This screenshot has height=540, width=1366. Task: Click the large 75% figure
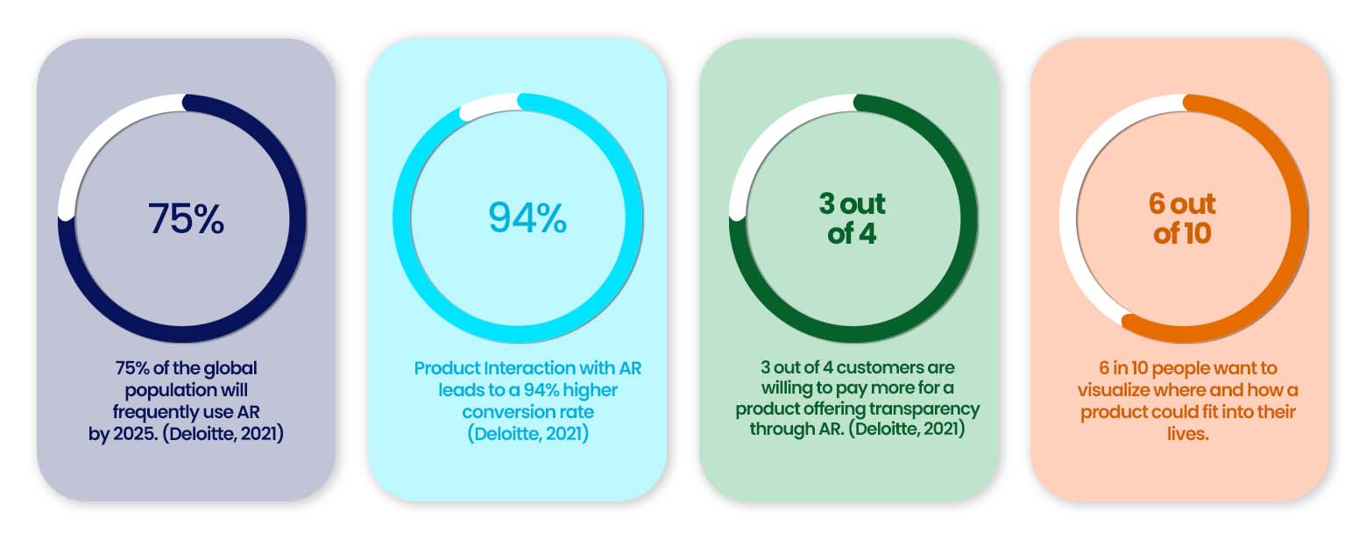point(186,218)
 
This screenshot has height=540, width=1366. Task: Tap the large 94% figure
point(527,217)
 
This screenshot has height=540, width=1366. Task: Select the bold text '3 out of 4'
point(852,218)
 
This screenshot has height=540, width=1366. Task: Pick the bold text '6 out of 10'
point(1183,218)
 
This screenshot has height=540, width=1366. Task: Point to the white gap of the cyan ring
point(489,105)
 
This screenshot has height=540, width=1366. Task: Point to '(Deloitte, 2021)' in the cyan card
point(528,434)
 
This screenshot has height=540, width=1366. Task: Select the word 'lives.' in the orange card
point(1188,434)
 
